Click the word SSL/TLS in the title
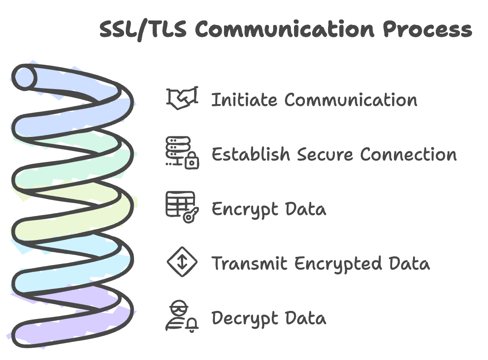[x=143, y=30]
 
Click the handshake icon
[x=182, y=98]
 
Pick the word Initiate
[x=244, y=100]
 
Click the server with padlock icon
[x=182, y=153]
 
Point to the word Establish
[x=250, y=154]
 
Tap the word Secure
[x=325, y=155]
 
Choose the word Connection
[x=408, y=155]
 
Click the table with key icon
[x=182, y=207]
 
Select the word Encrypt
[x=244, y=209]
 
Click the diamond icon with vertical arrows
[x=182, y=262]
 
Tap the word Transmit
[x=249, y=264]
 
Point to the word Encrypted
[x=338, y=264]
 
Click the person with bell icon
[x=182, y=316]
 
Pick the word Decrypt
[x=244, y=318]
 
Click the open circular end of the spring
[x=24, y=77]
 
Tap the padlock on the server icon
[x=192, y=161]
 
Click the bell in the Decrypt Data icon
[x=192, y=325]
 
